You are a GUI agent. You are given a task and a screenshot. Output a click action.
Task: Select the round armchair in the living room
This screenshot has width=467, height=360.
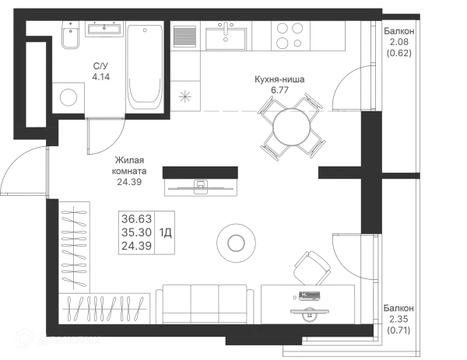tap(234, 243)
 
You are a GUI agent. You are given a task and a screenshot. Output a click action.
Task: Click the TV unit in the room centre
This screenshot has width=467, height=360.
tap(202, 180)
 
